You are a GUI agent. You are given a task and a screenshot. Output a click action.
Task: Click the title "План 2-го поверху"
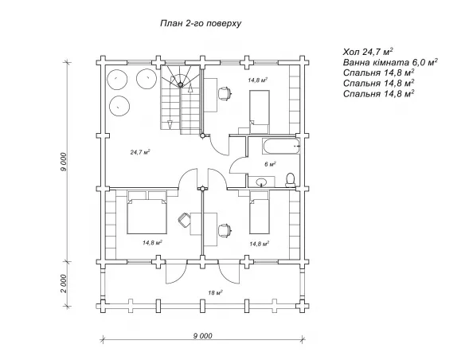click(x=201, y=23)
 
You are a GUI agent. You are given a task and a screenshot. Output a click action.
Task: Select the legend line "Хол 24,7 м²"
click(x=368, y=52)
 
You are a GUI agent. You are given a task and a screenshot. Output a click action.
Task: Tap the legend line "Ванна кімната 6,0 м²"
click(x=391, y=63)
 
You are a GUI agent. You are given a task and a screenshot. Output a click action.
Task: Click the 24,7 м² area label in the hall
click(x=140, y=152)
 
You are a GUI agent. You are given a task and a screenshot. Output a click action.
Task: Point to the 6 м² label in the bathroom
click(x=271, y=164)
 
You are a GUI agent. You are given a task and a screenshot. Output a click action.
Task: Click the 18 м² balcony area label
click(x=215, y=293)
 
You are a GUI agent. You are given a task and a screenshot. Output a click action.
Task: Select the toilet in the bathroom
click(x=291, y=180)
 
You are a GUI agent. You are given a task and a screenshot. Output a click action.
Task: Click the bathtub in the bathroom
click(x=281, y=147)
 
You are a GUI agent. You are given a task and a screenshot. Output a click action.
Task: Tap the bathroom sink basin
click(x=261, y=182)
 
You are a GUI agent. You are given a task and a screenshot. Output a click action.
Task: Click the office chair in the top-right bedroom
click(x=225, y=93)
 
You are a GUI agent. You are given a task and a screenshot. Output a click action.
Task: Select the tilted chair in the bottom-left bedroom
click(x=184, y=220)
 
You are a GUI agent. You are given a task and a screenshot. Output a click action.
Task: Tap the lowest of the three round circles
click(x=119, y=106)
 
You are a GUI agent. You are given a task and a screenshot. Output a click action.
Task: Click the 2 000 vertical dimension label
click(x=64, y=284)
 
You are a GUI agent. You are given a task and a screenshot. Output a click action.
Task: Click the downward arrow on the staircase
click(x=170, y=125)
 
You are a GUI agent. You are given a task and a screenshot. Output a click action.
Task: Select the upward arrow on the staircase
click(x=190, y=88)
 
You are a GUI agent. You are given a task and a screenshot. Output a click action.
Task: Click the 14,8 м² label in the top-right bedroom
click(x=258, y=80)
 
